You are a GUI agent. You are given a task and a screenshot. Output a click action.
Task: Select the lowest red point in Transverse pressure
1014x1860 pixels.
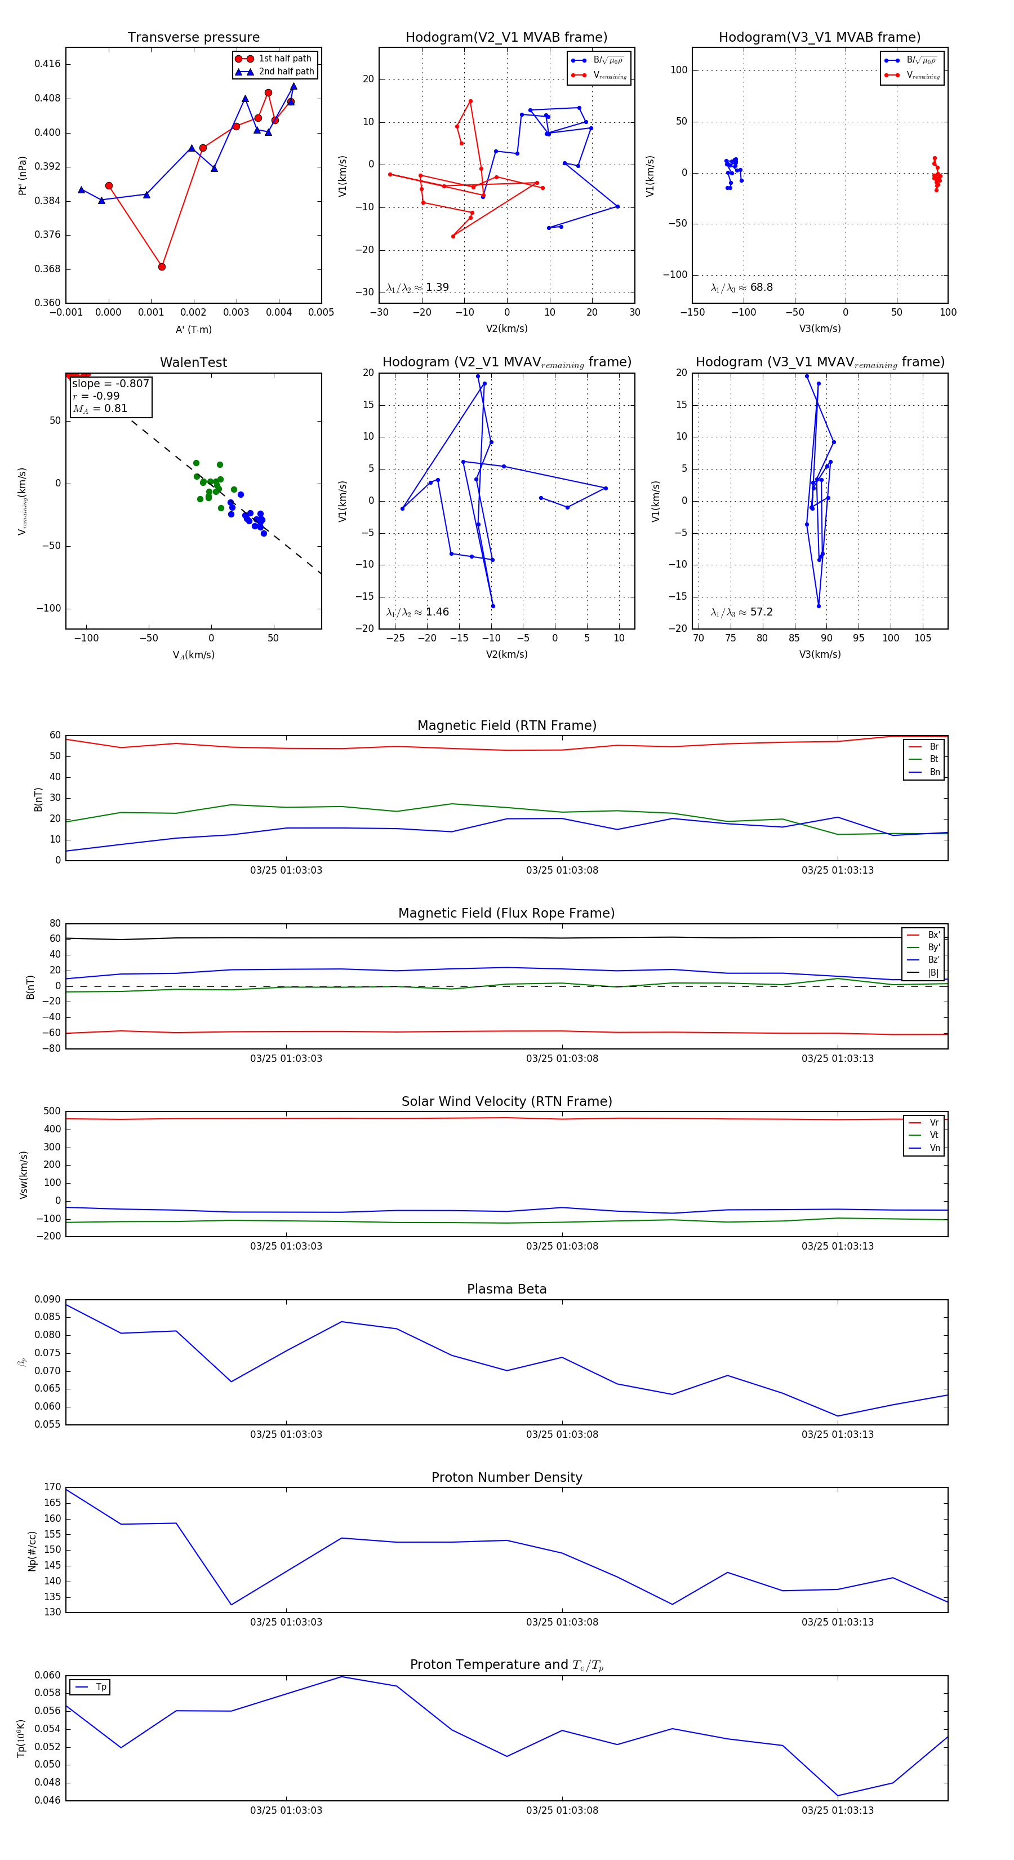(x=162, y=267)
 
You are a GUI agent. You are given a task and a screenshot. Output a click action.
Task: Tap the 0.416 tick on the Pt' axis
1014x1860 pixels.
(x=48, y=64)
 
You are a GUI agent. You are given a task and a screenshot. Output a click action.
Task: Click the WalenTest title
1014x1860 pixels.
(x=193, y=362)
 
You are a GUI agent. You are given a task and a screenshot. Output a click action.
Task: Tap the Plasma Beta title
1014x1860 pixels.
(x=506, y=1290)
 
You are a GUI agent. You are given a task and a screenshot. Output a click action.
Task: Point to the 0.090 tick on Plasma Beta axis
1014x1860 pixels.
(x=48, y=1300)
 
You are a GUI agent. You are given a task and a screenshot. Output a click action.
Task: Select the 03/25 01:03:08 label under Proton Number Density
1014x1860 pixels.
(x=562, y=1622)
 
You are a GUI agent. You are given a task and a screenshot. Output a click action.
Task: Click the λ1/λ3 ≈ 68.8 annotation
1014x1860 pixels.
(x=742, y=287)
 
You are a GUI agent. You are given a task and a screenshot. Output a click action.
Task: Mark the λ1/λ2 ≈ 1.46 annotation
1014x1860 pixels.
(x=418, y=612)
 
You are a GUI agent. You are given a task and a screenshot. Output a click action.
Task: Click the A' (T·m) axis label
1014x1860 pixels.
(x=193, y=329)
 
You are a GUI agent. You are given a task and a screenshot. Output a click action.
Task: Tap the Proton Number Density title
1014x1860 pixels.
(x=506, y=1477)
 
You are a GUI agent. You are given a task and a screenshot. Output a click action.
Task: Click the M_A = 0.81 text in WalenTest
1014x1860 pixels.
(x=100, y=409)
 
